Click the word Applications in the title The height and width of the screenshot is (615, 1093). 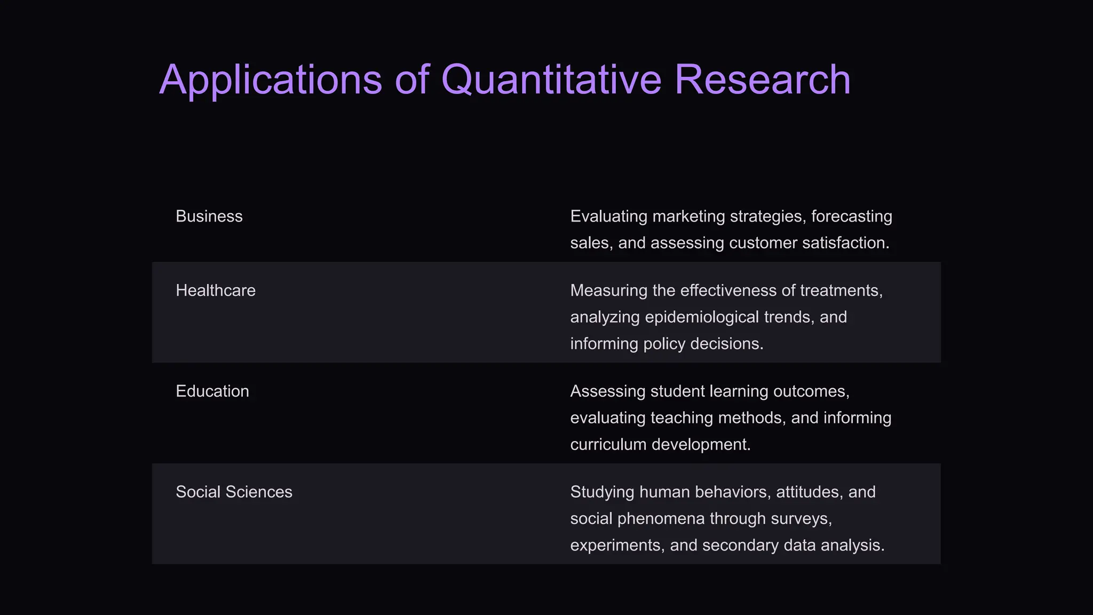tap(271, 80)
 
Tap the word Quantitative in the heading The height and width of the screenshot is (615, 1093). tap(551, 80)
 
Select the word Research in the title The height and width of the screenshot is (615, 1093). tap(762, 80)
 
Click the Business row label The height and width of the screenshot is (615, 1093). tap(209, 216)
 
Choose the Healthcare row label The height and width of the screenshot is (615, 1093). tap(216, 290)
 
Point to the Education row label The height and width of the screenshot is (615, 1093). tap(212, 391)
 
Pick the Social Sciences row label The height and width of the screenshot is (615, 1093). tap(234, 492)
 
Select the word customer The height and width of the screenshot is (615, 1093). tap(763, 243)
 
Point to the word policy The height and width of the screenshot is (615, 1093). tap(664, 343)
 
